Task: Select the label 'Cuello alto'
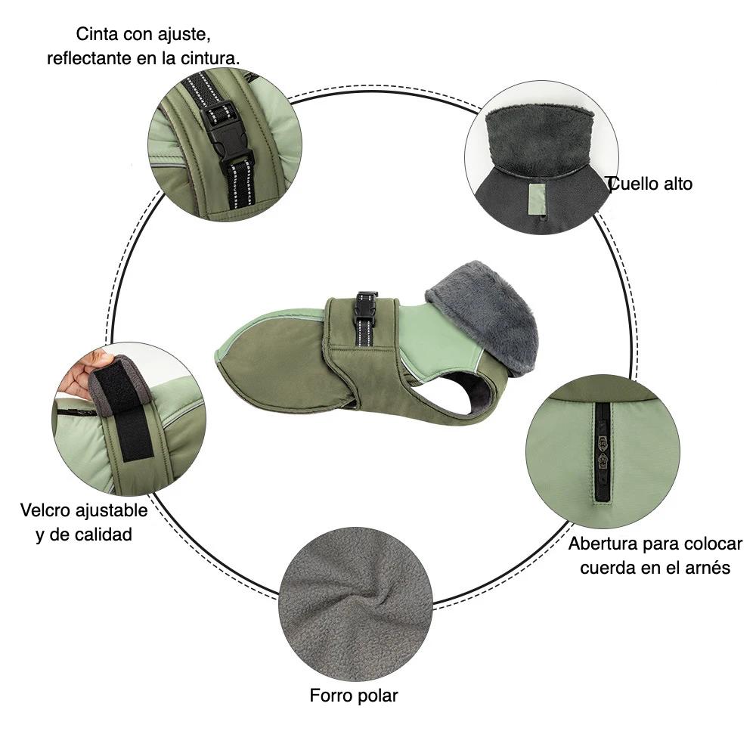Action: pyautogui.click(x=650, y=184)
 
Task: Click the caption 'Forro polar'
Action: pyautogui.click(x=354, y=696)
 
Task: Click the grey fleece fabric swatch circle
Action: pyautogui.click(x=355, y=603)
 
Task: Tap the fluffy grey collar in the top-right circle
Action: pyautogui.click(x=540, y=136)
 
